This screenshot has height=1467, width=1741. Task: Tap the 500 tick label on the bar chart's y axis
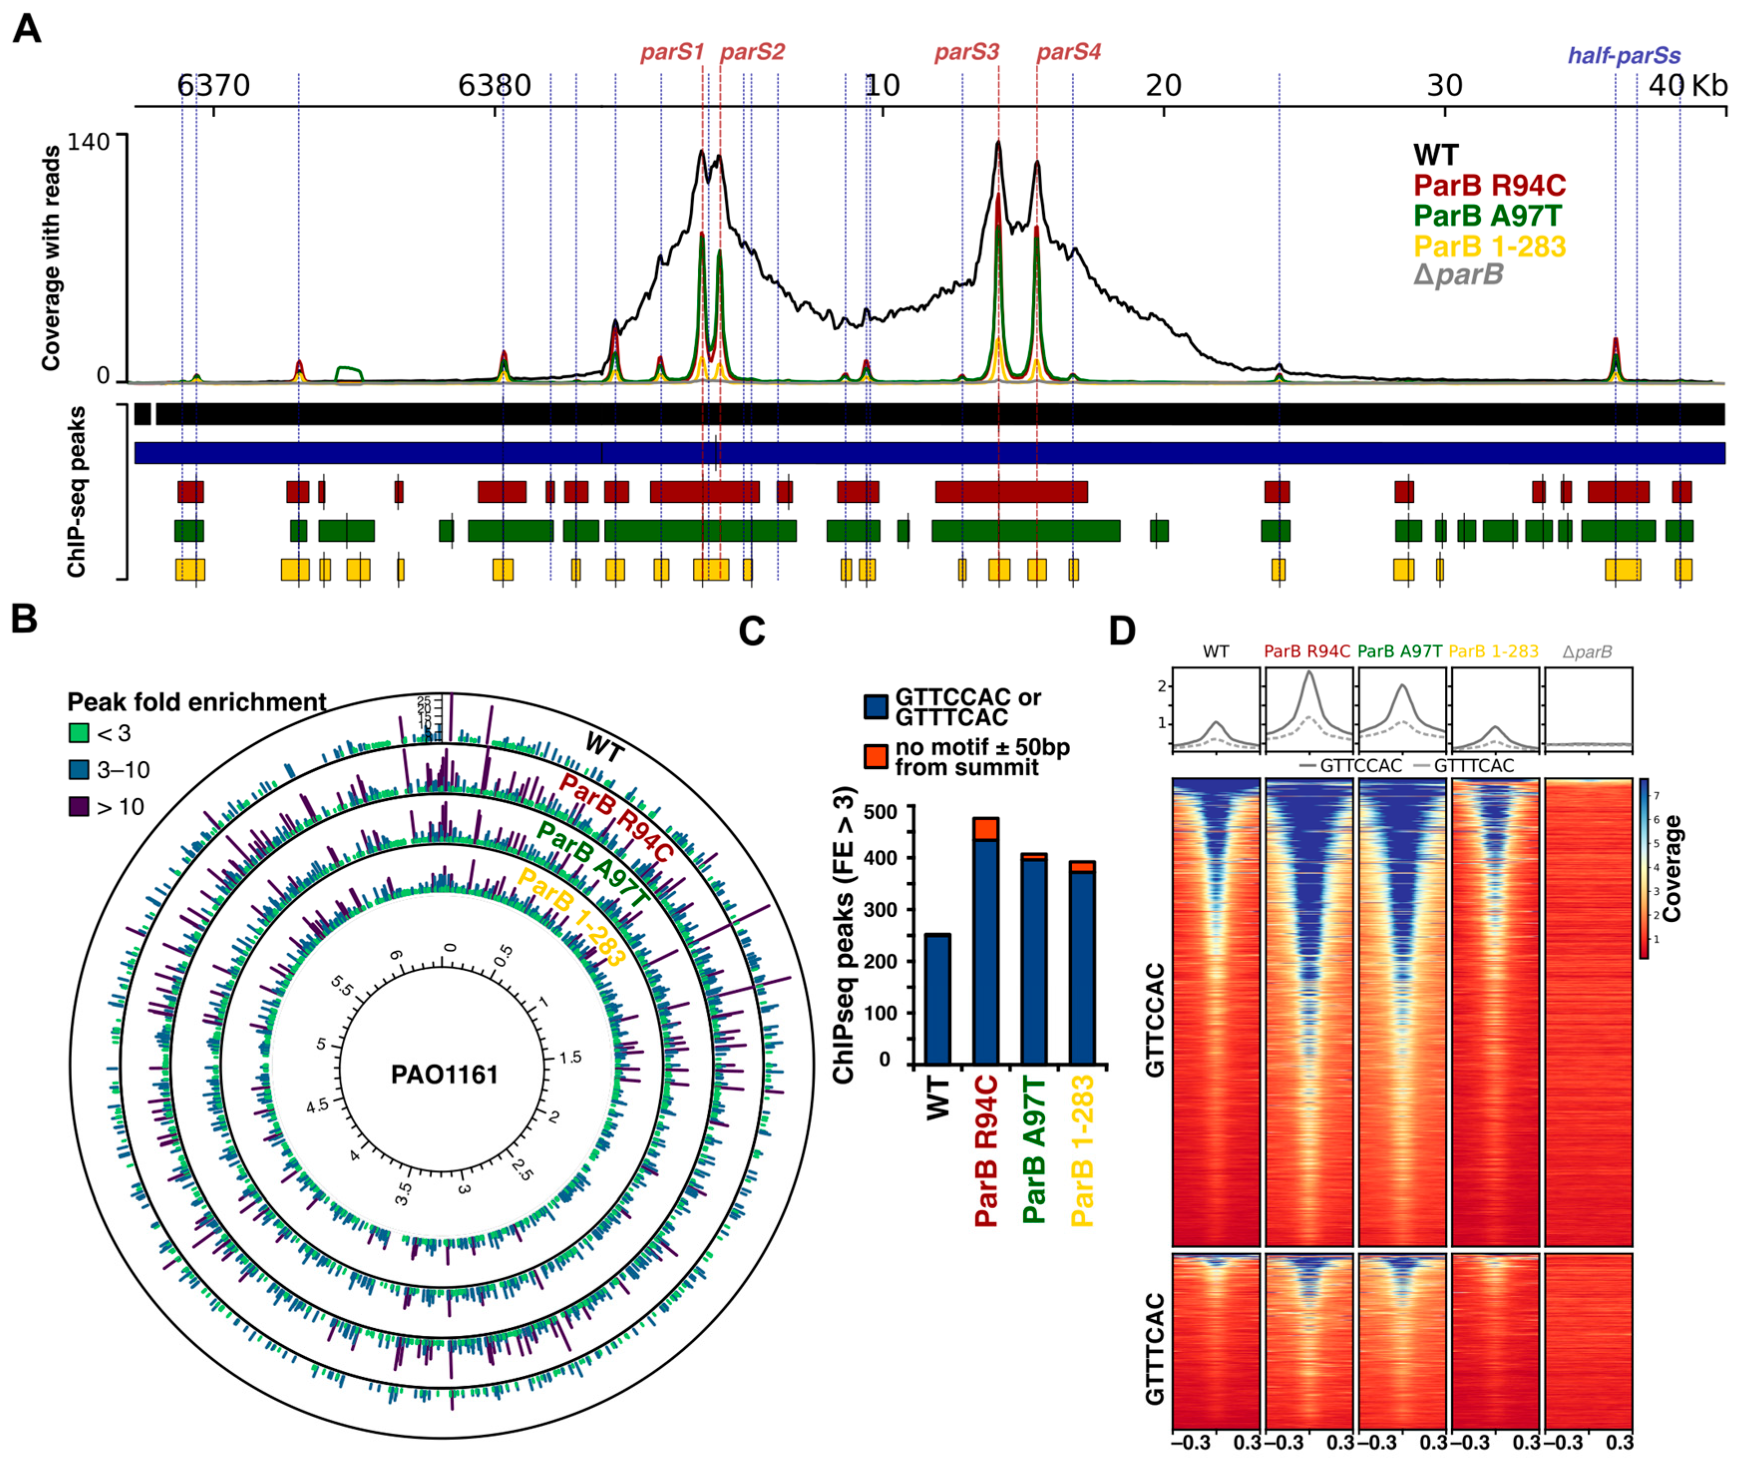tap(881, 811)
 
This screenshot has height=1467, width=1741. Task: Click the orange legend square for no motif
tap(876, 756)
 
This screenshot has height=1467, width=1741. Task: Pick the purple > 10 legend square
tap(79, 807)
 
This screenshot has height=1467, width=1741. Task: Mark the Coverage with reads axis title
tap(51, 258)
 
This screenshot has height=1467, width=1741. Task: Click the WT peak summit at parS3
tap(998, 143)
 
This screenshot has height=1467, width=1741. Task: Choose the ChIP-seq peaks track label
tap(76, 491)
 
